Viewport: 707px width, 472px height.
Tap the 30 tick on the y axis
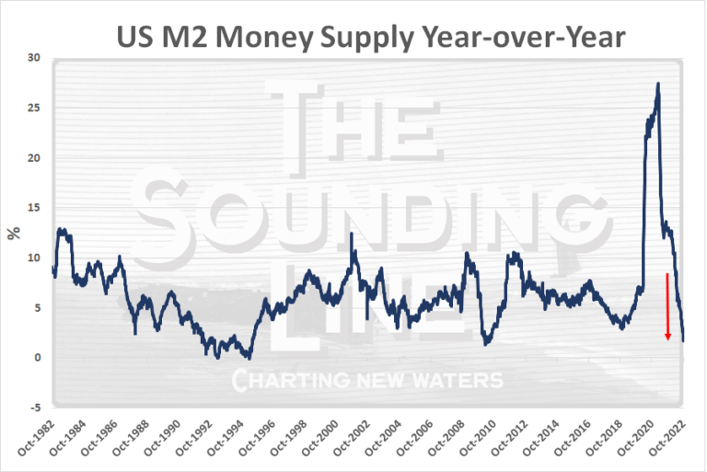point(34,58)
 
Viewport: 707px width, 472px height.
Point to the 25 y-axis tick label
point(34,108)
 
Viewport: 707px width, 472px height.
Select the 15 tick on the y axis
point(34,208)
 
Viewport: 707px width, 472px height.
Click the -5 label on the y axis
point(33,408)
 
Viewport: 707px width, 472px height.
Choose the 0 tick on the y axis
point(37,358)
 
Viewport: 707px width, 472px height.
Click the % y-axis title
point(13,233)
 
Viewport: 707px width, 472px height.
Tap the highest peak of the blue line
point(657,84)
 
